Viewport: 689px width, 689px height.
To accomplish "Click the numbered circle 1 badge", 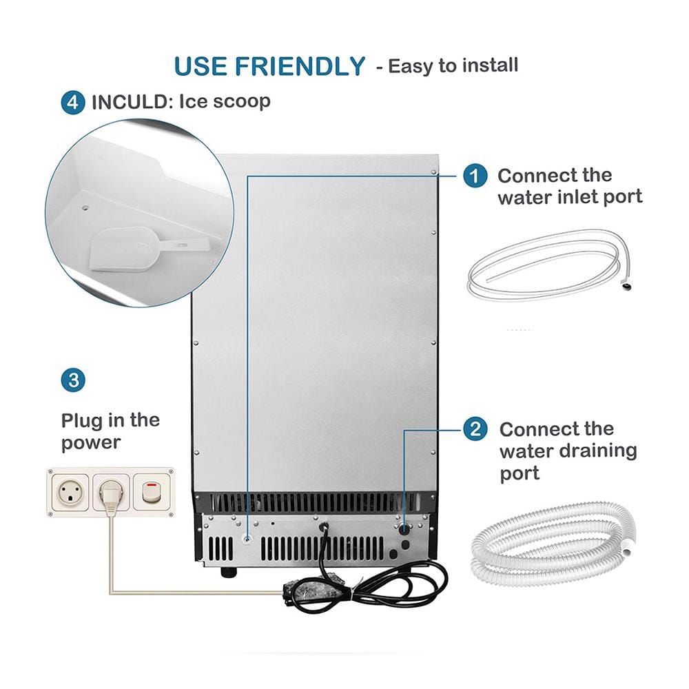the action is (x=475, y=176).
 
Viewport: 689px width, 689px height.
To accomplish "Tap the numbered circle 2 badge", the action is (x=475, y=429).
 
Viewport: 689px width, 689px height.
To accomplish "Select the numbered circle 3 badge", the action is (x=74, y=380).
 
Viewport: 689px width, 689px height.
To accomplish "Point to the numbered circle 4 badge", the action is (x=73, y=103).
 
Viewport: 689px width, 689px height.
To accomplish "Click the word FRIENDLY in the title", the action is (x=300, y=66).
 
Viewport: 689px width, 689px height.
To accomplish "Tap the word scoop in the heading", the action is (x=241, y=102).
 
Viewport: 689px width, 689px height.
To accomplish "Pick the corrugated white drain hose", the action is (x=553, y=545).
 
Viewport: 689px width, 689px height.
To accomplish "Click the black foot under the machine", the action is (x=229, y=572).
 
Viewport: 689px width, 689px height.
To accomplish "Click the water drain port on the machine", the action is (x=404, y=529).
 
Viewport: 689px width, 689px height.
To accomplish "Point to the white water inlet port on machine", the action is (x=247, y=539).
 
